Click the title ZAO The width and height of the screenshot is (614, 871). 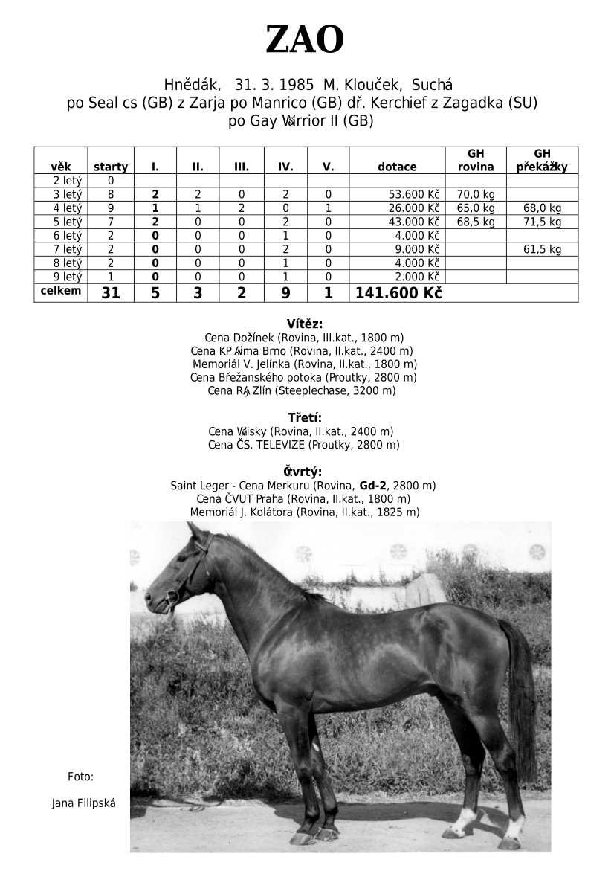click(305, 40)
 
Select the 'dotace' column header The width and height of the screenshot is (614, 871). click(397, 167)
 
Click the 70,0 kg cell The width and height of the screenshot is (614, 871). click(476, 195)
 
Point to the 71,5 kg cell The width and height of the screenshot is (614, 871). click(542, 222)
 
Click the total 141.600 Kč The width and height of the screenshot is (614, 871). click(398, 293)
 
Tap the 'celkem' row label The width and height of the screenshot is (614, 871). click(61, 291)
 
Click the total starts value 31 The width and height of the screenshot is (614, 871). click(111, 293)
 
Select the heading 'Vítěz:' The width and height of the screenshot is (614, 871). click(305, 324)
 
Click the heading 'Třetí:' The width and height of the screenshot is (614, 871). click(305, 417)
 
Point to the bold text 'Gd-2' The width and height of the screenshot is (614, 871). click(373, 486)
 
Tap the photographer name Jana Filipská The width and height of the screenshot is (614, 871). click(83, 803)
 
